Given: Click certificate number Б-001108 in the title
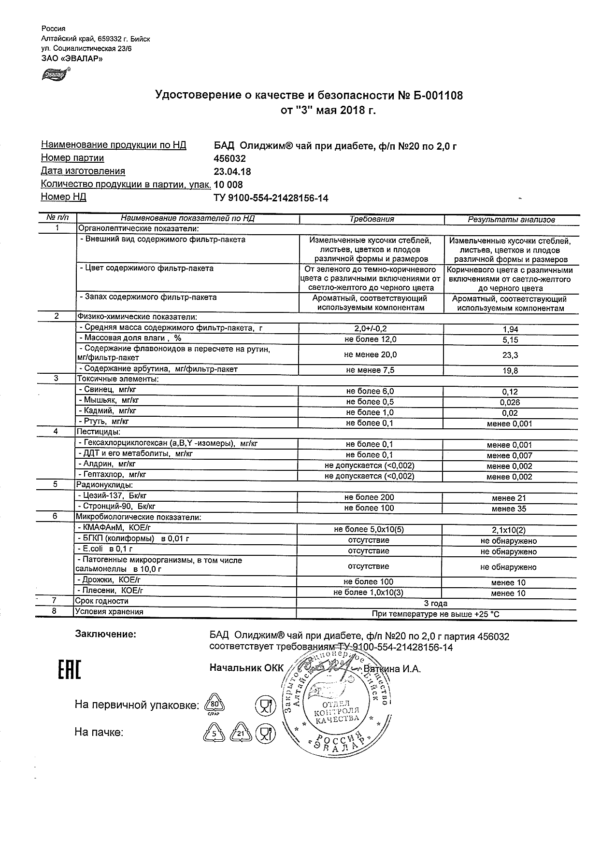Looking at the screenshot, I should pyautogui.click(x=437, y=96).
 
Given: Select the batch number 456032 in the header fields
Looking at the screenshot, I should pyautogui.click(x=229, y=158).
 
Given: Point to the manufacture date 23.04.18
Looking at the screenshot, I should pyautogui.click(x=232, y=171).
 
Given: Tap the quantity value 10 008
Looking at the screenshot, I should pyautogui.click(x=229, y=184).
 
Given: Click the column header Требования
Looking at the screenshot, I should pyautogui.click(x=372, y=219).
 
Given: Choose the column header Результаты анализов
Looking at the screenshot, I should pyautogui.click(x=511, y=220).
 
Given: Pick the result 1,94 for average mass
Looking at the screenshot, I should pyautogui.click(x=511, y=329).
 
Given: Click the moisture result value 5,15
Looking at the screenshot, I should pyautogui.click(x=511, y=340).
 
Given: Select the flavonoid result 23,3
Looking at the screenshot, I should pyautogui.click(x=511, y=355).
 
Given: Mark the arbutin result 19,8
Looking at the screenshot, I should pyautogui.click(x=511, y=370).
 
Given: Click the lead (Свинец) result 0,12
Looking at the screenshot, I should pyautogui.click(x=510, y=392).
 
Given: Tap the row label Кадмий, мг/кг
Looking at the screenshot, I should pyautogui.click(x=107, y=411).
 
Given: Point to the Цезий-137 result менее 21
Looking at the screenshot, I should pyautogui.click(x=509, y=498).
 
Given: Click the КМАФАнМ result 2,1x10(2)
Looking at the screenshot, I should pyautogui.click(x=508, y=530).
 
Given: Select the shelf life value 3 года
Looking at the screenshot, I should pyautogui.click(x=436, y=603).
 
